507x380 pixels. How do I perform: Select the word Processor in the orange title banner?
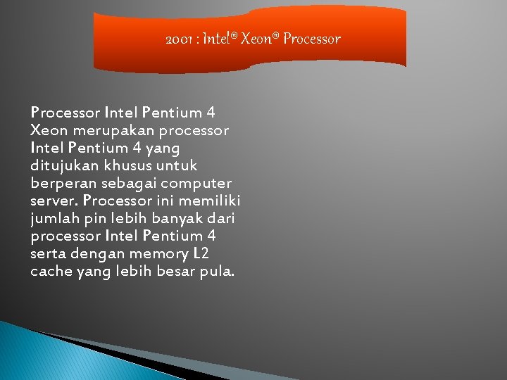click(312, 39)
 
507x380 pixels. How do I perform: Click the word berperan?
click(61, 183)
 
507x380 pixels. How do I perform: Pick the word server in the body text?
click(54, 201)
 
